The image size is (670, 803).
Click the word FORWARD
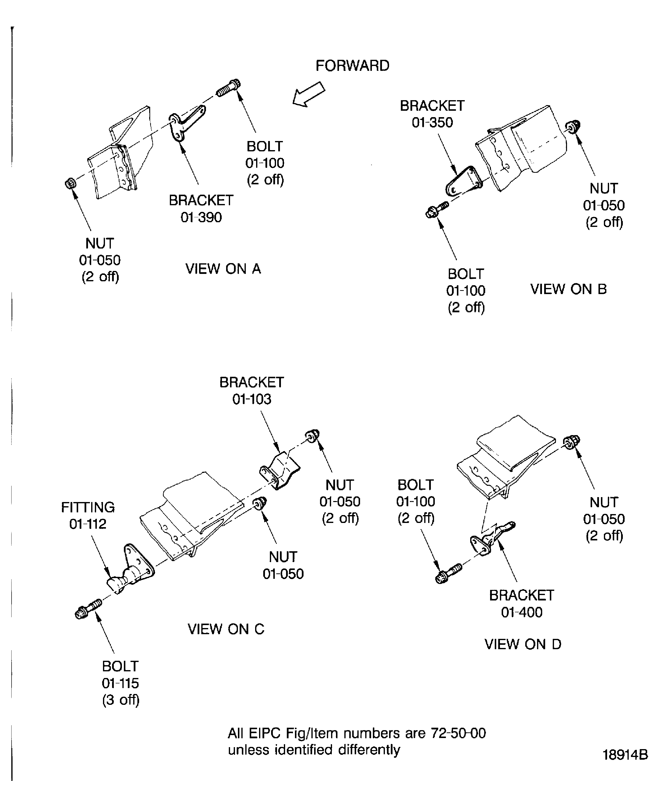point(352,66)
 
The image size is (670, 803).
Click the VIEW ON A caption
point(223,269)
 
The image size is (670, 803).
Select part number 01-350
point(432,122)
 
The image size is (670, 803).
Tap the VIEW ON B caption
point(568,289)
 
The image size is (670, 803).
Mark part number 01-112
point(88,524)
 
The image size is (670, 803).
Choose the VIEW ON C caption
point(226,629)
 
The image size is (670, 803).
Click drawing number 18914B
point(625,755)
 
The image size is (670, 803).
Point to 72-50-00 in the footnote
point(458,733)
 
